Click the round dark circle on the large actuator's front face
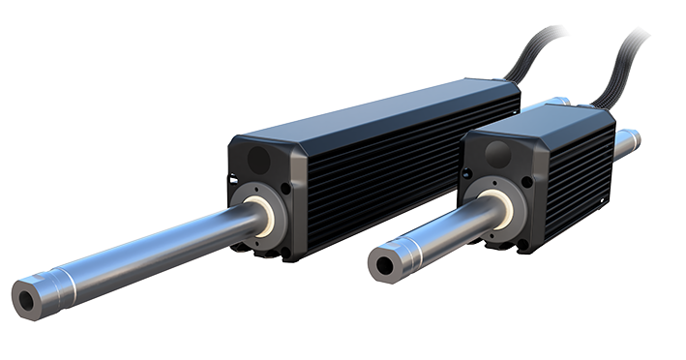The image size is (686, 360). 258,159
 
